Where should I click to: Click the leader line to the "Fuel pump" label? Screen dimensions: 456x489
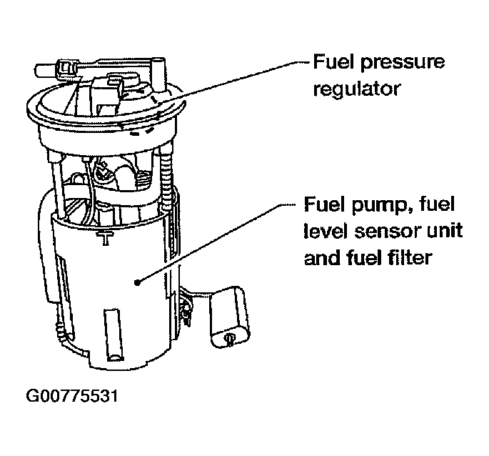click(x=214, y=244)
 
